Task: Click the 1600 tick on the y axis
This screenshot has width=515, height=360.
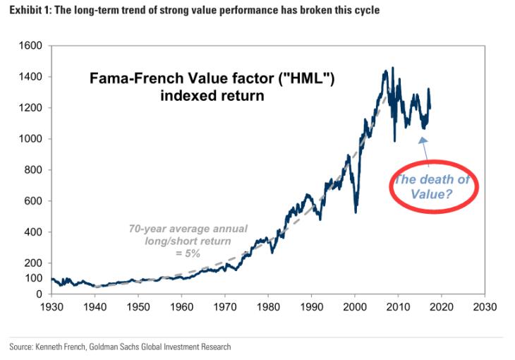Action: pyautogui.click(x=32, y=46)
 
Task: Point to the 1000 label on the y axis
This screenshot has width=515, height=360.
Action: pyautogui.click(x=32, y=139)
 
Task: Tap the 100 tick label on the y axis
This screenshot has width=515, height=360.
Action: pyautogui.click(x=35, y=278)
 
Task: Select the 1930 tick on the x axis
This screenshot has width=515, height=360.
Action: pyautogui.click(x=53, y=307)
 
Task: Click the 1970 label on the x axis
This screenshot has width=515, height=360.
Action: pyautogui.click(x=225, y=307)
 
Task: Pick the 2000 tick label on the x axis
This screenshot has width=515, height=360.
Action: pyautogui.click(x=355, y=307)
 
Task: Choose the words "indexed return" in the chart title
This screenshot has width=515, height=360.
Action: pyautogui.click(x=212, y=95)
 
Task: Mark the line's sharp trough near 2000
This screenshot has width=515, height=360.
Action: pyautogui.click(x=356, y=211)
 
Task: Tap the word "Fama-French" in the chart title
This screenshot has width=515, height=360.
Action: pyautogui.click(x=127, y=80)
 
